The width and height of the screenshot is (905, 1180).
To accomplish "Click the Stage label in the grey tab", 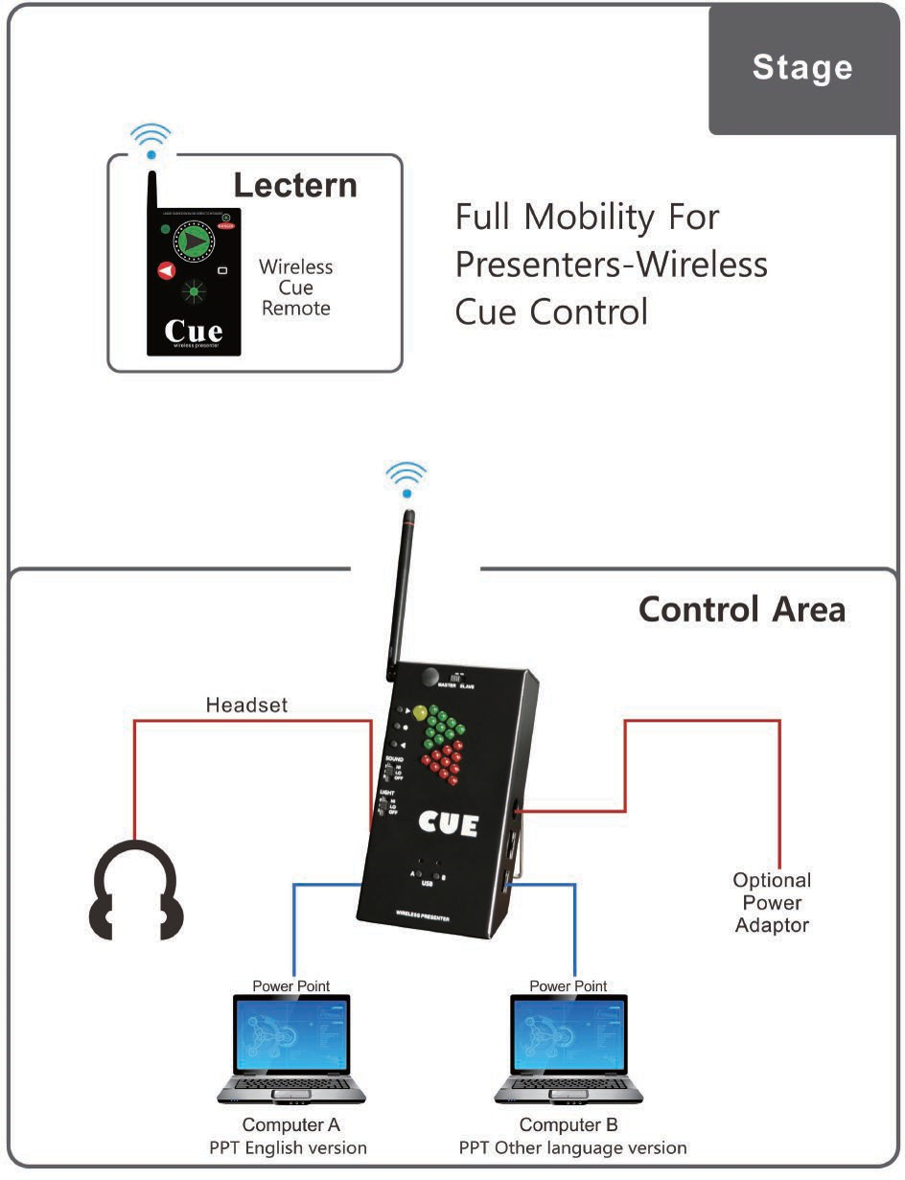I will [x=801, y=67].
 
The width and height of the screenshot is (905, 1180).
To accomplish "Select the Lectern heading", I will [x=295, y=185].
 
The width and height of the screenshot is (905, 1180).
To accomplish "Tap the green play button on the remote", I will [x=196, y=240].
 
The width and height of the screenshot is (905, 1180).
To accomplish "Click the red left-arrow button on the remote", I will [x=166, y=272].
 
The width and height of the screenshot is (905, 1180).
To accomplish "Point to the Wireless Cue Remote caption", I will [x=295, y=288].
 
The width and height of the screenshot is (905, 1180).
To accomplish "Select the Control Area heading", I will [x=742, y=609].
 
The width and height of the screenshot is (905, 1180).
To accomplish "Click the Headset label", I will [x=246, y=706].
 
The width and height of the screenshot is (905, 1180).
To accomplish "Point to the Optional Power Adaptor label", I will [x=772, y=902].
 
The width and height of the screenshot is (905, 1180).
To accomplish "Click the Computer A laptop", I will [x=291, y=1051].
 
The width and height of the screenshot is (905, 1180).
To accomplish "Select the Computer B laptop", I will [x=569, y=1051].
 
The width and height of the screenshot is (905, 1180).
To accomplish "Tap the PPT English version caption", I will [x=289, y=1147].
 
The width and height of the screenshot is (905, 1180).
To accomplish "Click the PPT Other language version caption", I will [x=572, y=1147].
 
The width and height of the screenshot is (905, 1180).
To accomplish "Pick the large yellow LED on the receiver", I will [x=419, y=714].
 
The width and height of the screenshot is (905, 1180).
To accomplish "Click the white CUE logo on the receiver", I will [x=447, y=824].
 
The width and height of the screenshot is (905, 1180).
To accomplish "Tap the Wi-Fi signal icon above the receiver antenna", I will [x=406, y=477].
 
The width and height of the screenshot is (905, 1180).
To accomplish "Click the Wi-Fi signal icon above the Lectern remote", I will [x=151, y=139].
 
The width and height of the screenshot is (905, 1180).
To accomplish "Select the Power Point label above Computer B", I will [x=569, y=985].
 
